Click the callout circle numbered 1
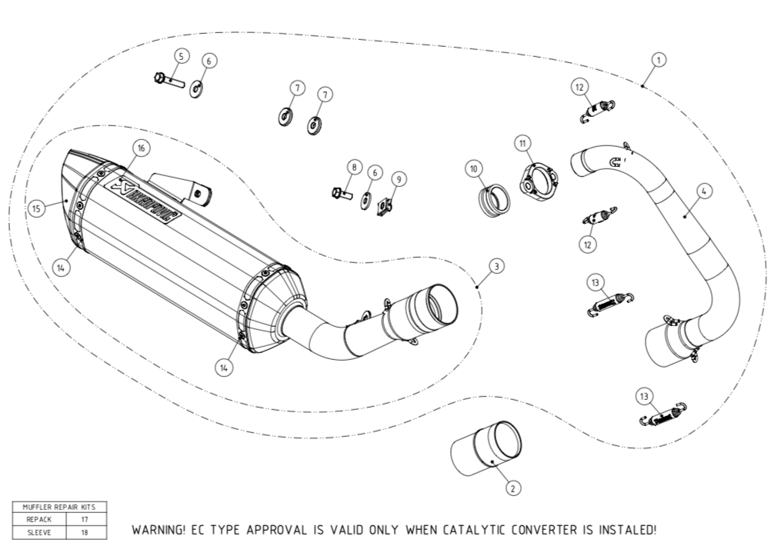[x=659, y=58]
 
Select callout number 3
[x=497, y=266]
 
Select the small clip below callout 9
[x=385, y=205]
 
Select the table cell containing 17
[x=85, y=520]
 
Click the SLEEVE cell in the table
[x=38, y=531]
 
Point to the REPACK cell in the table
[x=38, y=520]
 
